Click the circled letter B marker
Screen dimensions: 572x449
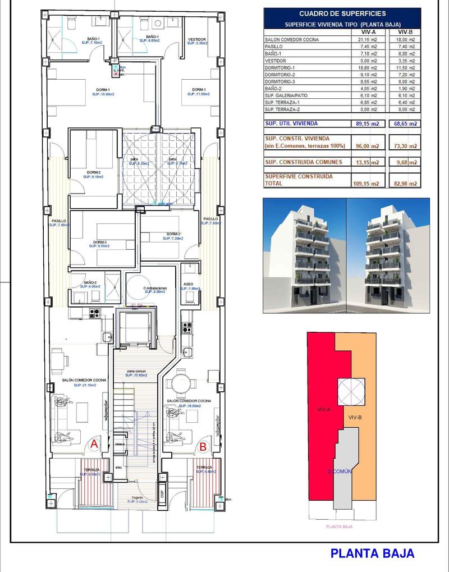[x=203, y=447]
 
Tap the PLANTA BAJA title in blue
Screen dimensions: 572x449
[x=373, y=553]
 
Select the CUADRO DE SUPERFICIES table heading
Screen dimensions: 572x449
[x=342, y=13]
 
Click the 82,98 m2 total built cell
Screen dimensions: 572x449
[x=404, y=184]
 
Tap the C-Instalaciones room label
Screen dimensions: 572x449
[x=155, y=288]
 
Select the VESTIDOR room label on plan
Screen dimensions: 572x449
[x=196, y=40]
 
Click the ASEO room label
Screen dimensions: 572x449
[x=188, y=284]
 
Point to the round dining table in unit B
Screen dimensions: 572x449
[x=182, y=384]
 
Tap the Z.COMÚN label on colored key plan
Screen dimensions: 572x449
[x=339, y=472]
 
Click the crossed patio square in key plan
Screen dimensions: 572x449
[x=351, y=392]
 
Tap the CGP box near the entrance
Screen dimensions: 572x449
[x=163, y=493]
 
